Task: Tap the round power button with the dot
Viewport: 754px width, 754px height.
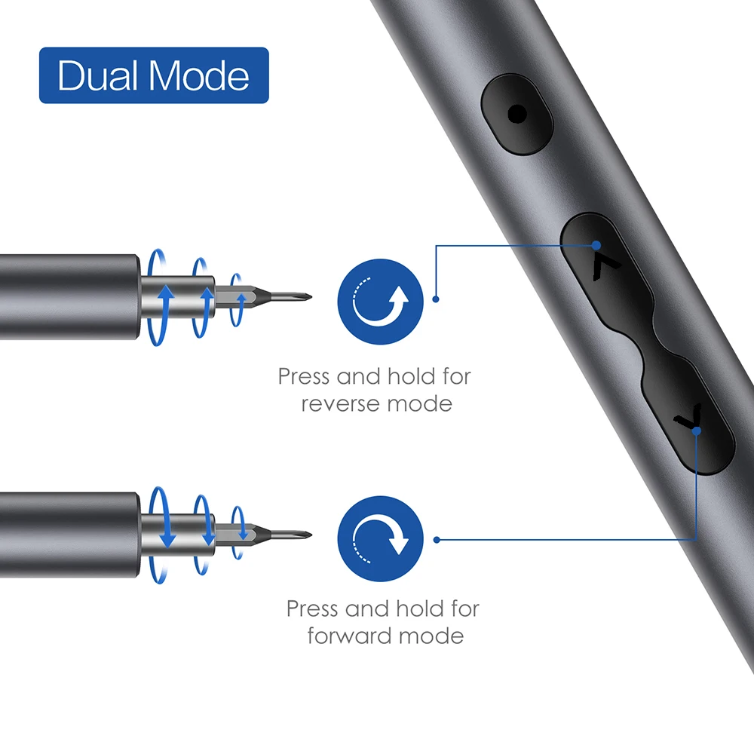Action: (517, 115)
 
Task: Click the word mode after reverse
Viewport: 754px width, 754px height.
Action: (420, 404)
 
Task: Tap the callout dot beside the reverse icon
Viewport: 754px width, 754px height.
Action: (436, 299)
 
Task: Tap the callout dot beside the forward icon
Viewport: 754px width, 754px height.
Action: (437, 538)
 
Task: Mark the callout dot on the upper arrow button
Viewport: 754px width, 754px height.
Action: (596, 244)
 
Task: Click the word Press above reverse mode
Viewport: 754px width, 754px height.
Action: (305, 375)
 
